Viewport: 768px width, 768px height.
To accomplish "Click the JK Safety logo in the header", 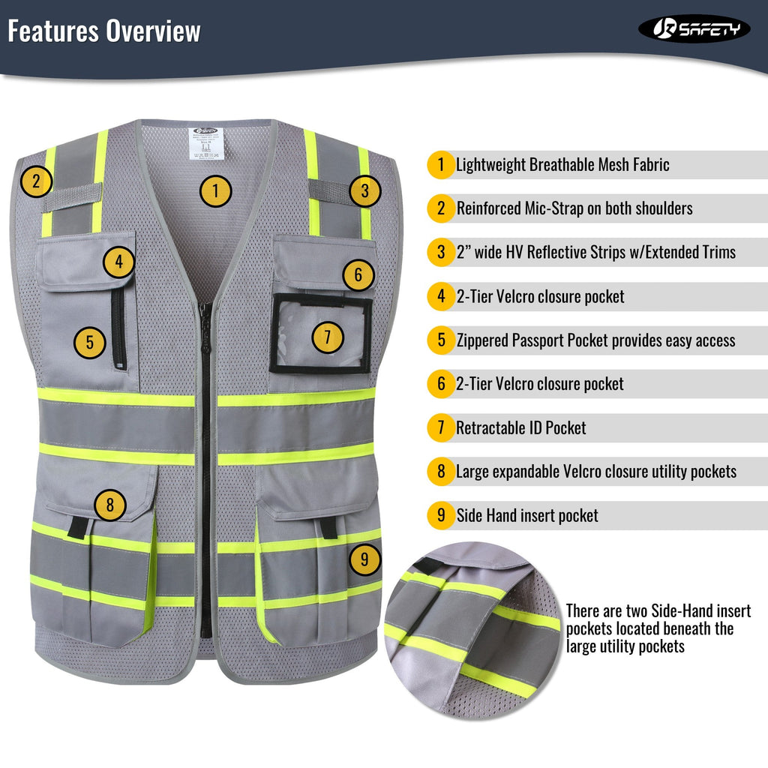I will click(x=694, y=28).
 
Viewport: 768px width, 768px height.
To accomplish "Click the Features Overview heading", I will click(x=104, y=31).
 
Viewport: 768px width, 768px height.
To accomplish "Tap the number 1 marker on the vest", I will click(x=215, y=191).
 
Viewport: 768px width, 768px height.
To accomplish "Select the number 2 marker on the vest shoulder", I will click(x=36, y=181).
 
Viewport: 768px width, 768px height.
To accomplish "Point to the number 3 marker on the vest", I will click(x=364, y=190).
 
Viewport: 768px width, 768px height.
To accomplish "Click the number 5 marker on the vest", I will click(x=89, y=343).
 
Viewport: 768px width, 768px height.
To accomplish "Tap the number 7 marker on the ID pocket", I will click(x=327, y=337).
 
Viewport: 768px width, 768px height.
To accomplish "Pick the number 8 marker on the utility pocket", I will click(x=110, y=505).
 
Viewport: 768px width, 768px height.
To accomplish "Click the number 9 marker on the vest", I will click(x=365, y=558).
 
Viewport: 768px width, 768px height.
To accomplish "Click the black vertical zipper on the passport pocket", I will click(x=118, y=328).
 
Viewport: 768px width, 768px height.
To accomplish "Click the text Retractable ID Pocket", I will click(x=521, y=428).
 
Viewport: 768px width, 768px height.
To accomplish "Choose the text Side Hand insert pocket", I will click(x=527, y=516).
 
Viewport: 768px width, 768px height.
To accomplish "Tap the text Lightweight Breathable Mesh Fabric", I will click(x=562, y=165).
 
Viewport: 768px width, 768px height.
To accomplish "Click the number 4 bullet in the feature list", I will click(x=441, y=296).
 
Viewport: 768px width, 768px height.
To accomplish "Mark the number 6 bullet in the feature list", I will click(x=441, y=384).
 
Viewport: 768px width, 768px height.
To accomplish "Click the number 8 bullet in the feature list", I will click(x=441, y=472).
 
